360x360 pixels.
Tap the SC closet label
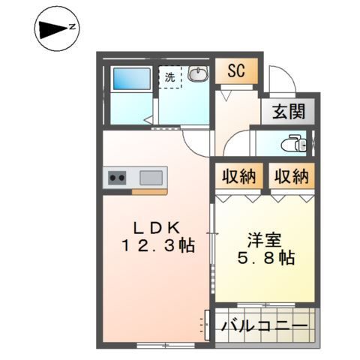pos(237,73)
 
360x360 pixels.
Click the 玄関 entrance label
pos(288,112)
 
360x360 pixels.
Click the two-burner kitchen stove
pos(118,178)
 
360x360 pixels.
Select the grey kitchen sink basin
pos(151,178)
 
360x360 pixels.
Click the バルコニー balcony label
pos(265,327)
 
